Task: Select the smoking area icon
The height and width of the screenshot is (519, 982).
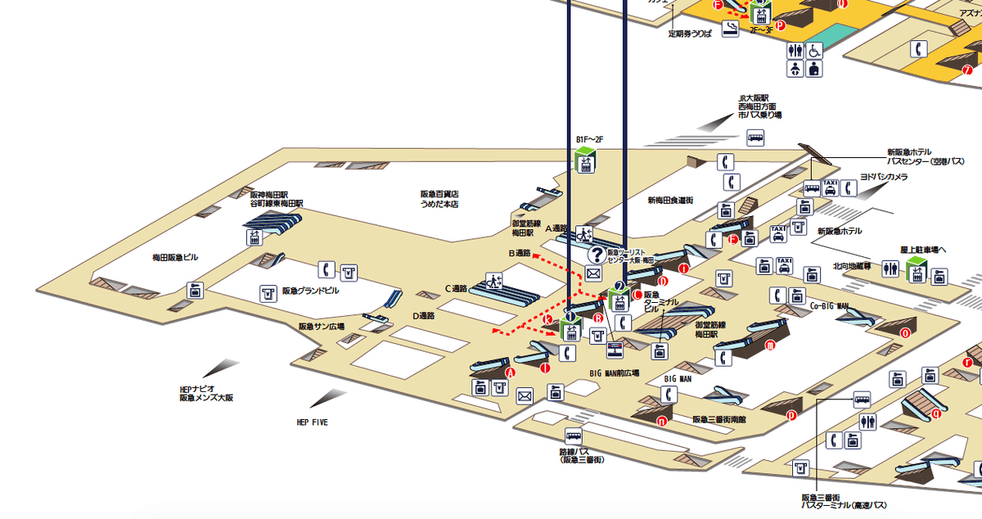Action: pos(727,29)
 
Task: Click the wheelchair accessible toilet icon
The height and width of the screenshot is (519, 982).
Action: pos(814,50)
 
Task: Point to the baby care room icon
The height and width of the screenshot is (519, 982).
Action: pos(814,70)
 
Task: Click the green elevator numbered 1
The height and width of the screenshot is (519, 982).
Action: pos(570,328)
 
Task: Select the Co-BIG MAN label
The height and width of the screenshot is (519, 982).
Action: pos(829,306)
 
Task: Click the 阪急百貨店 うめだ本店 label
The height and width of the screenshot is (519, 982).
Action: pos(439,199)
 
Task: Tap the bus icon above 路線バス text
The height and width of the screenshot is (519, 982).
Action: pos(573,436)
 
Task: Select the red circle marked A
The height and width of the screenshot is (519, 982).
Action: pos(511,372)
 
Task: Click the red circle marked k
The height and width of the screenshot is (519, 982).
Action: pos(549,318)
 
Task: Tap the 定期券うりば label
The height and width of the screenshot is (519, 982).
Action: pos(691,34)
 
